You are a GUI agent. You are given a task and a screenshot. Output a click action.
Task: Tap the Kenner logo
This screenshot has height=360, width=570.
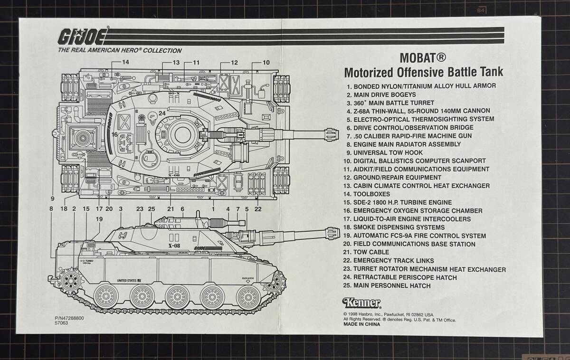click(x=361, y=303)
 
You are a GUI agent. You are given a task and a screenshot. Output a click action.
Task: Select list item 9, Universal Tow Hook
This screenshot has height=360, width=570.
click(x=385, y=152)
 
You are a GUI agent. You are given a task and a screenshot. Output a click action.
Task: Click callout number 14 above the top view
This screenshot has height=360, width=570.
click(x=125, y=62)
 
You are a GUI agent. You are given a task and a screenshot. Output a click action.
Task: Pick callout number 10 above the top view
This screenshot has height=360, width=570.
click(x=266, y=62)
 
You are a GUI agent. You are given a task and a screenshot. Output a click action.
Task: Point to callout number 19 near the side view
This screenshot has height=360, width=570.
click(x=99, y=219)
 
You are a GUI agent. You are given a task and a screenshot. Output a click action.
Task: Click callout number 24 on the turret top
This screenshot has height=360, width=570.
click(x=162, y=114)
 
